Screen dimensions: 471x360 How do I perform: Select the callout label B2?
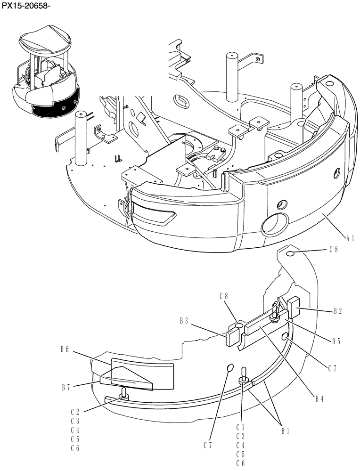click(338, 311)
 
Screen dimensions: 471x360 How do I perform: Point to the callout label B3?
click(184, 321)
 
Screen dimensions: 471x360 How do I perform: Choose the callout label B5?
click(335, 341)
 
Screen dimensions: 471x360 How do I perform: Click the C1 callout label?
click(240, 427)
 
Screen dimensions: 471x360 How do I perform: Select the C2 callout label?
click(74, 411)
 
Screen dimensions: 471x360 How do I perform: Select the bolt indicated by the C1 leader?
click(244, 375)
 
